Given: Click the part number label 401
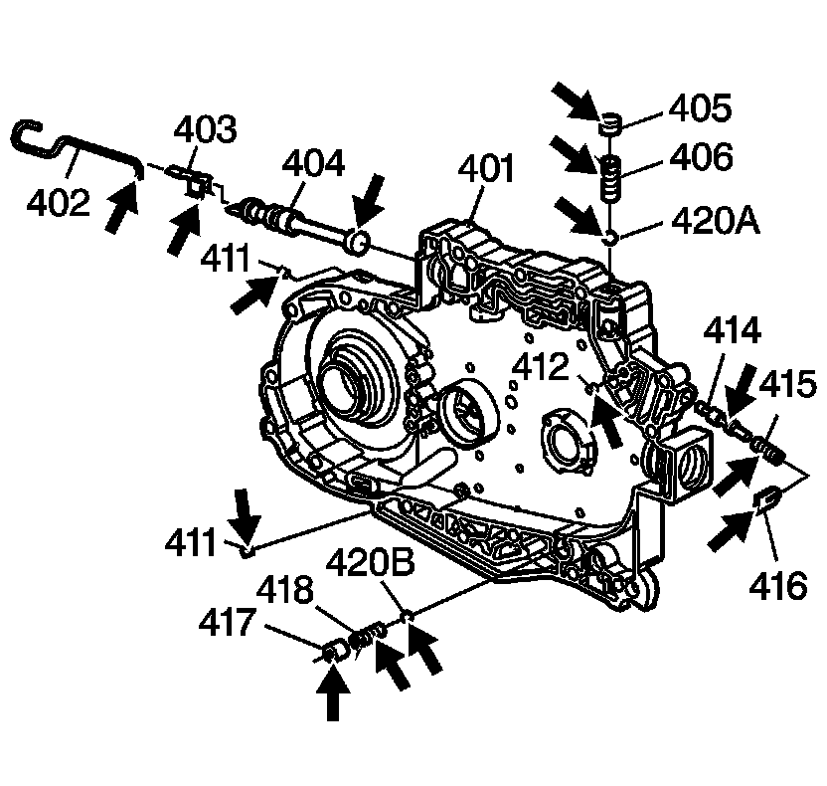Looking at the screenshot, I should point(486,169).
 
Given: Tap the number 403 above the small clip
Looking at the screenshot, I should point(206,130).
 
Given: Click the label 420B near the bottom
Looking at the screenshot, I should point(385,563).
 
